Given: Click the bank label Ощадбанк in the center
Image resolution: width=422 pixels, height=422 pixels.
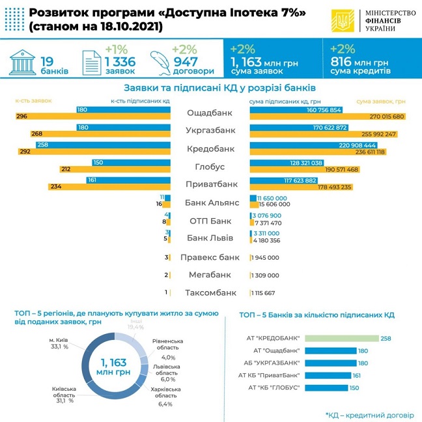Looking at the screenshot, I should (x=210, y=113).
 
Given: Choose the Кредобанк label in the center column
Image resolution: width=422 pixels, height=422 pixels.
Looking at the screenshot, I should (x=210, y=148).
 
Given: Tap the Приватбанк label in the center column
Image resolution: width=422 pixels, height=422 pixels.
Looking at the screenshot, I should (x=210, y=184).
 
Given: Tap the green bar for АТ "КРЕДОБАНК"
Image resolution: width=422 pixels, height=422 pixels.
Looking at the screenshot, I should (x=341, y=337).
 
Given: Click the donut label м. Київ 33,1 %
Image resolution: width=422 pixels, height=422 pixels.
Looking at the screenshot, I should (x=59, y=343).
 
